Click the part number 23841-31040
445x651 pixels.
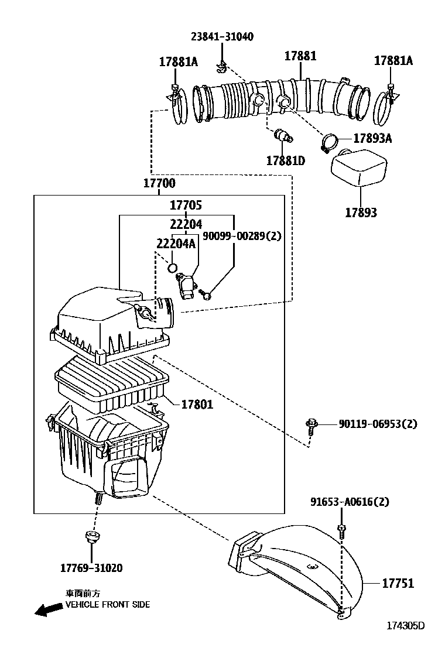point(222,37)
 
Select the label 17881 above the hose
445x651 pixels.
point(300,56)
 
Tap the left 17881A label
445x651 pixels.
point(179,61)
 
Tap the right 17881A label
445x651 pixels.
point(393,60)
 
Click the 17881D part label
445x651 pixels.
point(286,160)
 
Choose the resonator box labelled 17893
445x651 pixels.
point(358,168)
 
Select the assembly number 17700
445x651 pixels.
point(159,183)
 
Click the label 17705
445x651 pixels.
point(186,205)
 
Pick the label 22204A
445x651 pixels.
point(176,244)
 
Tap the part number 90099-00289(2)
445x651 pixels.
point(242,236)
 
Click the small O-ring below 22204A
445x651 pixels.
point(172,268)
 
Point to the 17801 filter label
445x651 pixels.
point(197,404)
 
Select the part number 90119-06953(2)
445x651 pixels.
point(378,424)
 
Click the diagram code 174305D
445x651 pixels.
point(405,626)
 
